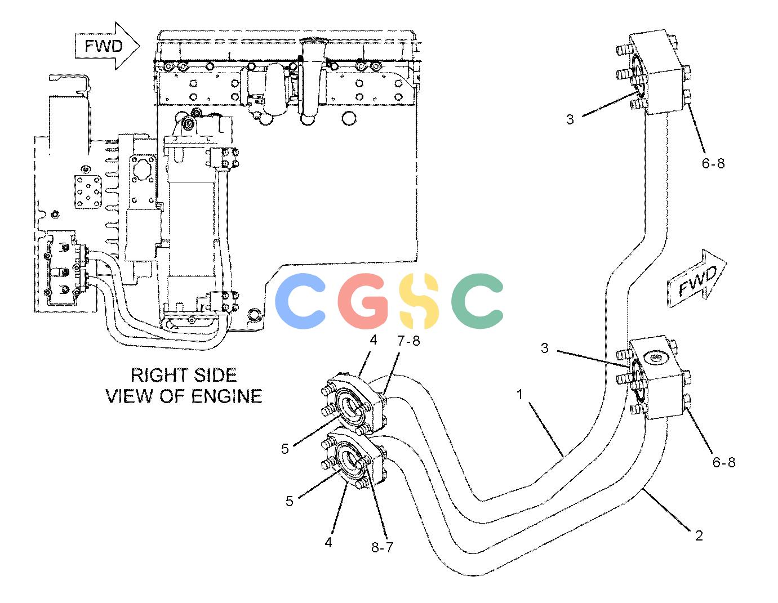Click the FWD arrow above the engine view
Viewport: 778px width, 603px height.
click(x=106, y=46)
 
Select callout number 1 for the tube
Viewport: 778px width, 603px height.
click(x=520, y=395)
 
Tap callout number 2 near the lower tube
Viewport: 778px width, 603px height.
click(x=699, y=535)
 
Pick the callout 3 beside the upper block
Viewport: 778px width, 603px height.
click(x=570, y=119)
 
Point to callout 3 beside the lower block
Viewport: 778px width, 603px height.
click(x=545, y=348)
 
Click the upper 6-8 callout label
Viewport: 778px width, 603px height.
click(x=713, y=163)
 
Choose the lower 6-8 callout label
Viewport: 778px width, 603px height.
click(x=724, y=462)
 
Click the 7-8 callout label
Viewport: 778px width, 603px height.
click(x=408, y=341)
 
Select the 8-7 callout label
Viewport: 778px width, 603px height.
click(x=383, y=547)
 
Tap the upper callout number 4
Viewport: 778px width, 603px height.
click(x=374, y=340)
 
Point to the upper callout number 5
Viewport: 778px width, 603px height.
click(x=284, y=449)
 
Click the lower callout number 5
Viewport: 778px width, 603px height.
click(x=290, y=501)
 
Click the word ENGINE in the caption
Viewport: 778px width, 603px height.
click(x=226, y=396)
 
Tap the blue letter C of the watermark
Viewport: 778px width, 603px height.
click(x=300, y=301)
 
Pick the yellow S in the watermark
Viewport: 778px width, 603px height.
click(x=419, y=301)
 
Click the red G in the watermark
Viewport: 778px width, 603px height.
click(x=363, y=301)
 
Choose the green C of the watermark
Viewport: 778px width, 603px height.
click(x=477, y=301)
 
